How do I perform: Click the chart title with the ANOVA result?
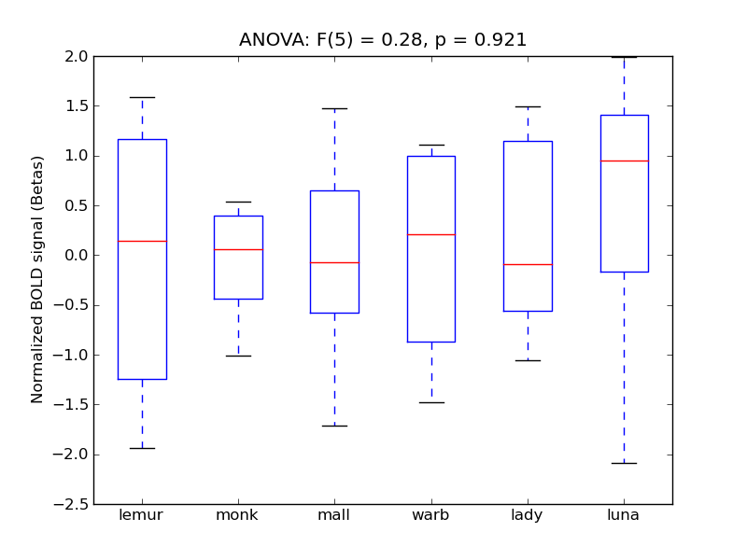pos(383,40)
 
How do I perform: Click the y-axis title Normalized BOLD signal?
pos(38,280)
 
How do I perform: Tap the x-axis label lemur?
pos(142,515)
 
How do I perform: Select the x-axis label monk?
pos(238,515)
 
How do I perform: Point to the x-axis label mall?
pos(334,515)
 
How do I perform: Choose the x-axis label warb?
pos(430,515)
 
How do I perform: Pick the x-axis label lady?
pos(528,515)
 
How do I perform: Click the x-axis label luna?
pos(624,515)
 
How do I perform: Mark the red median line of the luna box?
pos(624,161)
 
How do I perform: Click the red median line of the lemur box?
pos(142,241)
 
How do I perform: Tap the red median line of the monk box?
pos(238,249)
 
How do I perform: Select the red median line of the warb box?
pos(430,234)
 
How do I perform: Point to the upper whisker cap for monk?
pos(238,202)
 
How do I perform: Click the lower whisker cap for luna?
pos(624,463)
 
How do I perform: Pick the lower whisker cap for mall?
pos(334,426)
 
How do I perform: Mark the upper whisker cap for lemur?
pos(142,97)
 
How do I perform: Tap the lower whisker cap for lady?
pos(528,360)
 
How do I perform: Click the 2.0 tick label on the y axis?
pos(76,56)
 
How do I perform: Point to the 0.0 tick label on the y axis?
pos(76,255)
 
